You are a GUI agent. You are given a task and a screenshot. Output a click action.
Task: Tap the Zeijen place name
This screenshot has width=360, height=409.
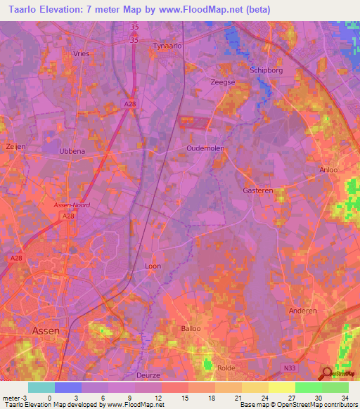coord(15,147)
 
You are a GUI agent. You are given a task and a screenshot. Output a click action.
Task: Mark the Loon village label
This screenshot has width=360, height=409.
coord(153,266)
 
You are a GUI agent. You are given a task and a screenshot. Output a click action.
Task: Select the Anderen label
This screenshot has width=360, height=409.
coord(303,311)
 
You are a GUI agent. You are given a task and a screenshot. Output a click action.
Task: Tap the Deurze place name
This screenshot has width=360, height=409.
coord(167,356)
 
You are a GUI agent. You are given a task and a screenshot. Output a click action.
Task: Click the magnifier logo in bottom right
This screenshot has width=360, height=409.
coord(327,374)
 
